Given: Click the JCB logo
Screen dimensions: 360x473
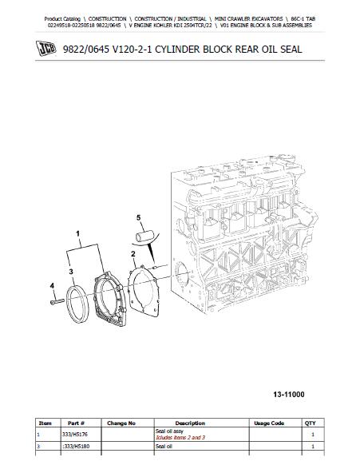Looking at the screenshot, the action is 45,48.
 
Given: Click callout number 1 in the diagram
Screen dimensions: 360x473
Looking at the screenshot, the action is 77,234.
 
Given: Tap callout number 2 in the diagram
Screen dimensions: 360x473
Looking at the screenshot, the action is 133,255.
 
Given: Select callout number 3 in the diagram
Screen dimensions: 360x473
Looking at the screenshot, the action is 71,272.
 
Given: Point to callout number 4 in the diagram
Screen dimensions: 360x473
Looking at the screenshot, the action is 52,286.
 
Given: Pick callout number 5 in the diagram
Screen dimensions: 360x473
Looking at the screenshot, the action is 139,217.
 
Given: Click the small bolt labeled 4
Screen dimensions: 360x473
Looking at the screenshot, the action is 57,302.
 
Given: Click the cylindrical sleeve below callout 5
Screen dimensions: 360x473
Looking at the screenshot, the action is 144,236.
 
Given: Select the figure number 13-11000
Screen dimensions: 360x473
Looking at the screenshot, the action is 289,395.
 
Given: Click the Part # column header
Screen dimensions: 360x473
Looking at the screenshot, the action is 76,423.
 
